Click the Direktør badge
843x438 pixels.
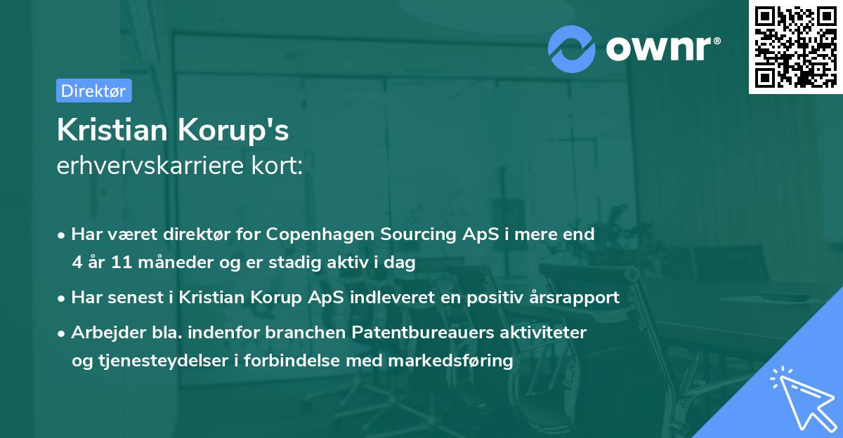point(93,90)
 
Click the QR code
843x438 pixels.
point(795,46)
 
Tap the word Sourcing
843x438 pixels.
point(410,234)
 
